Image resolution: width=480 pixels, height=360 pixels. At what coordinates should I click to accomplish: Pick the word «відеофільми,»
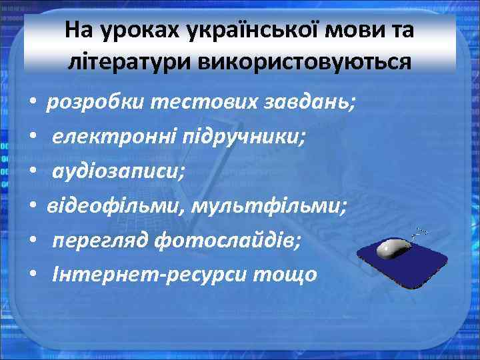[x=116, y=206]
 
